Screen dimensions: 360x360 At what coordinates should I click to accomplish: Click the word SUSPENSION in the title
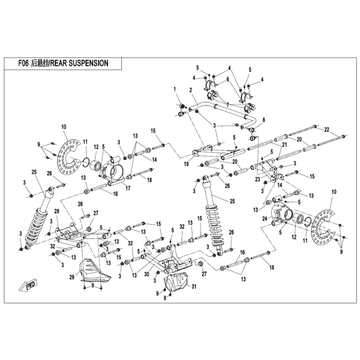(x=88, y=63)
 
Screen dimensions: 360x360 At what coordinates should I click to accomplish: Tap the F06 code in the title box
(x=24, y=63)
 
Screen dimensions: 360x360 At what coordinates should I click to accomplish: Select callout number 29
(x=72, y=277)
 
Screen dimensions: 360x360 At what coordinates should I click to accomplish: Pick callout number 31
(x=194, y=286)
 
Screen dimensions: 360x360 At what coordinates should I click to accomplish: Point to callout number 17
(x=128, y=188)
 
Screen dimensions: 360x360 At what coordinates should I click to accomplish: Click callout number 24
(x=265, y=219)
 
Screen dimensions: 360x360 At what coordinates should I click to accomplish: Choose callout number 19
(x=186, y=164)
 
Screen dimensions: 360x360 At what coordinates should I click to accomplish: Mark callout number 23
(x=258, y=179)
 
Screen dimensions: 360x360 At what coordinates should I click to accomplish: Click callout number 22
(x=327, y=130)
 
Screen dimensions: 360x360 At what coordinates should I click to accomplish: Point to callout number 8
(x=264, y=120)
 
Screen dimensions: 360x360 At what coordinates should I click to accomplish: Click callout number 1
(x=175, y=89)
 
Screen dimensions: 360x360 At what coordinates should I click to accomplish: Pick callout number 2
(x=191, y=90)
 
